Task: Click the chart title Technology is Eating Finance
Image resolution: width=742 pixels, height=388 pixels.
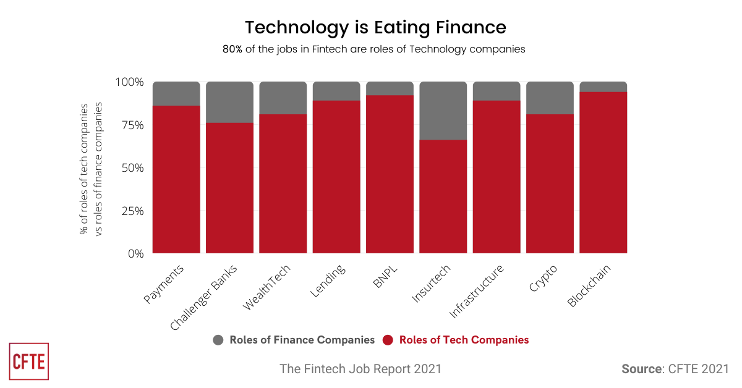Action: click(375, 27)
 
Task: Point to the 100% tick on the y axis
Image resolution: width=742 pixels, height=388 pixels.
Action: click(129, 82)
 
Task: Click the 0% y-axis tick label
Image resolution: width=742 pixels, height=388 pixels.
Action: click(135, 253)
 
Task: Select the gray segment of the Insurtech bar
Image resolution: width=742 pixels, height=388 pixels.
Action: click(443, 111)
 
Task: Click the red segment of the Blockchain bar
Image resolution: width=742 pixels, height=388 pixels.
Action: click(603, 173)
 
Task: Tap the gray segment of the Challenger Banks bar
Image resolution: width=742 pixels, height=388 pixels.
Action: click(229, 102)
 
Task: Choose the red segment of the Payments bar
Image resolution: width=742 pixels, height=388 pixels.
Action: click(176, 179)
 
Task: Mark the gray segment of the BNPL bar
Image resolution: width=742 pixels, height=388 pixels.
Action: click(390, 88)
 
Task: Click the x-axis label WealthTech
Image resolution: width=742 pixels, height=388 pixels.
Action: click(268, 288)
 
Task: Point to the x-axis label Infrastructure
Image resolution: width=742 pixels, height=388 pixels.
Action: click(477, 292)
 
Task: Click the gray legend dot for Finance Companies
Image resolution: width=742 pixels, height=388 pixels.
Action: click(218, 340)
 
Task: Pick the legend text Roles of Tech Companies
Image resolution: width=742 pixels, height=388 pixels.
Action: click(464, 340)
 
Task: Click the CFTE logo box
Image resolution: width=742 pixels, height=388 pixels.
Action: click(29, 361)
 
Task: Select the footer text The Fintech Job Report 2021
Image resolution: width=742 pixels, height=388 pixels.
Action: click(360, 369)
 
